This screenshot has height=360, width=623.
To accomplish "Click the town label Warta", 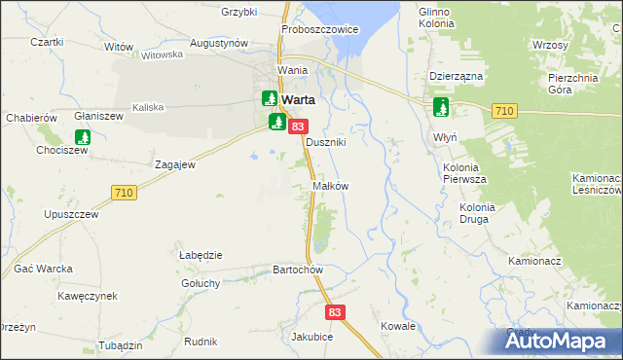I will point(300,100).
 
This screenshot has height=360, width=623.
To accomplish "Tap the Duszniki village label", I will point(326,142).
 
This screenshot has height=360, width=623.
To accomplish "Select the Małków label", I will point(330,185).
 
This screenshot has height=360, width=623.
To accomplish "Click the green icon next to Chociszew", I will point(84,137).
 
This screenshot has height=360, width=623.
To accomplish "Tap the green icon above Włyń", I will point(441,107).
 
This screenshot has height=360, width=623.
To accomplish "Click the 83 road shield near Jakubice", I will point(336,312).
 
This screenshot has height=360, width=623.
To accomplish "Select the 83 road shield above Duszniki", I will point(299,126).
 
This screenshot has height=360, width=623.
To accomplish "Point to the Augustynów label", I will point(219,44).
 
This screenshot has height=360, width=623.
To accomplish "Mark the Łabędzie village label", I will point(202,255).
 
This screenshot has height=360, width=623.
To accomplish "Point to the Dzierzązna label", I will point(456,75).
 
